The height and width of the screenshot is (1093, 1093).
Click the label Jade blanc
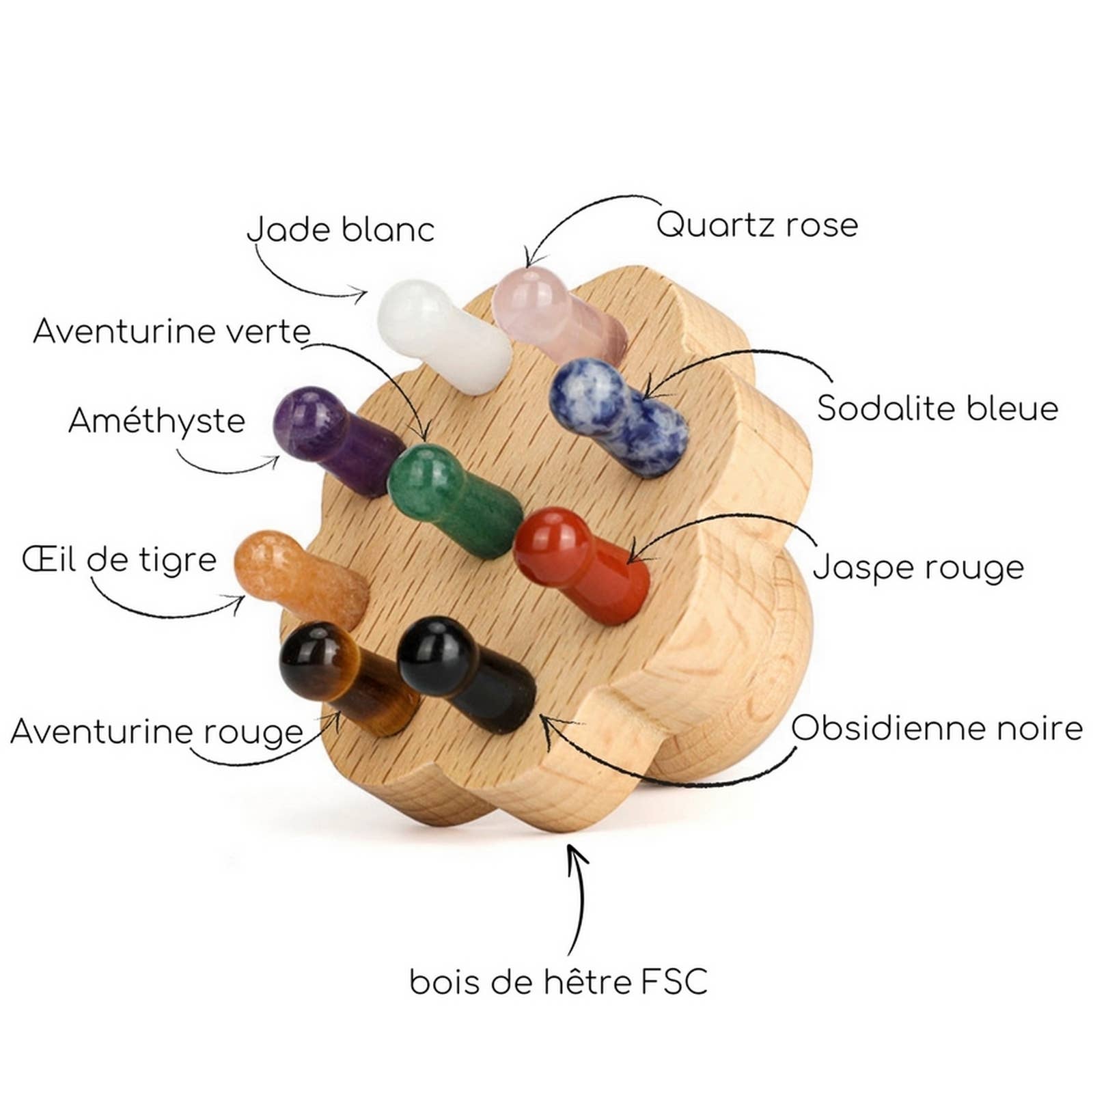click(x=340, y=230)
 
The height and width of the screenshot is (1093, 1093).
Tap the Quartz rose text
click(x=757, y=225)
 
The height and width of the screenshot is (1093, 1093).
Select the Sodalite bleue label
click(x=937, y=409)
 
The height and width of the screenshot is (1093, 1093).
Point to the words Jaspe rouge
click(x=918, y=568)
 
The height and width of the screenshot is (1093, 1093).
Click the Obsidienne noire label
click(x=937, y=728)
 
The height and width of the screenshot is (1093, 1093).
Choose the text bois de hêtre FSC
click(x=558, y=982)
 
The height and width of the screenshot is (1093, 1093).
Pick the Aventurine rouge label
click(x=156, y=732)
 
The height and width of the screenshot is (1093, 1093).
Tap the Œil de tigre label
click(x=120, y=560)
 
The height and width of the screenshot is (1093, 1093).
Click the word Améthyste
click(x=156, y=421)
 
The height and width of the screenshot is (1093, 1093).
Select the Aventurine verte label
click(x=171, y=332)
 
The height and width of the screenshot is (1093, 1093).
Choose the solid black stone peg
click(x=465, y=673)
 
